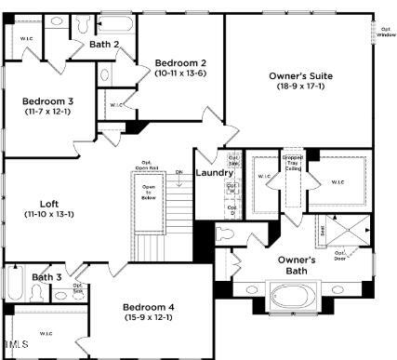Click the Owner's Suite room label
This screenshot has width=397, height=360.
point(299,76)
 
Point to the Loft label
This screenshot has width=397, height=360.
point(49,204)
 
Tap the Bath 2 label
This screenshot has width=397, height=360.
point(105,44)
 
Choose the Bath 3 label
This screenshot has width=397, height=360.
point(46,277)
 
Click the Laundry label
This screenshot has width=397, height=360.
point(213,173)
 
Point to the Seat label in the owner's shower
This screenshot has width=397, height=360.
point(322,229)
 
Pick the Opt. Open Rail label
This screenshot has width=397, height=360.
point(147,167)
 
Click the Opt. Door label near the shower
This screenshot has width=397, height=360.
point(340,255)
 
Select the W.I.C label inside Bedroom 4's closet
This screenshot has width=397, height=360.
point(45,332)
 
